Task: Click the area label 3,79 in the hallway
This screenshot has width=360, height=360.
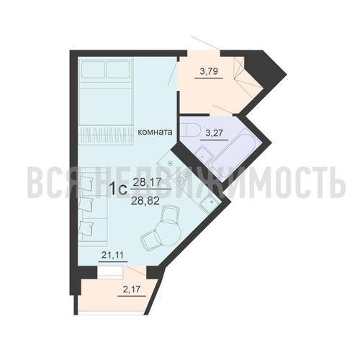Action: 210,71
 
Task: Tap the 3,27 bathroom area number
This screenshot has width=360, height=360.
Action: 214,133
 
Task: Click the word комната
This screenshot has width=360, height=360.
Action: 155,132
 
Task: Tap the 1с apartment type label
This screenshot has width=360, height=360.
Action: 117,190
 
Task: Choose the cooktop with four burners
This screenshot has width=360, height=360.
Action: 180,172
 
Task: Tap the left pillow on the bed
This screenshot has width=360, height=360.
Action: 93,70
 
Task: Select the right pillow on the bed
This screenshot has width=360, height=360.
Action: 117,70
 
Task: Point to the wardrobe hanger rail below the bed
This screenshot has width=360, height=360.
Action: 105,133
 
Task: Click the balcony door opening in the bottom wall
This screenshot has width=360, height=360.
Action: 111,271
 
